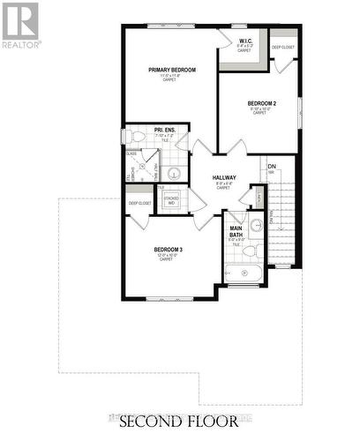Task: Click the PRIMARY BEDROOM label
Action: point(172,70)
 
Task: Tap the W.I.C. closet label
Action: point(246,41)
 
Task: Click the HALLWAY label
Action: point(223,178)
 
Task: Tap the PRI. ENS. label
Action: point(165,131)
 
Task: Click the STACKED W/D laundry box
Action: point(171,200)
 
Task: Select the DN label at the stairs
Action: point(272,166)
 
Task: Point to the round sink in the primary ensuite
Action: point(174,173)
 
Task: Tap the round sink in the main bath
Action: point(256,224)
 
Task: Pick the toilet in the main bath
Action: point(250,250)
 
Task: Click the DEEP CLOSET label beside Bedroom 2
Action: point(283,48)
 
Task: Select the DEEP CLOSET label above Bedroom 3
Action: point(139,204)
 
